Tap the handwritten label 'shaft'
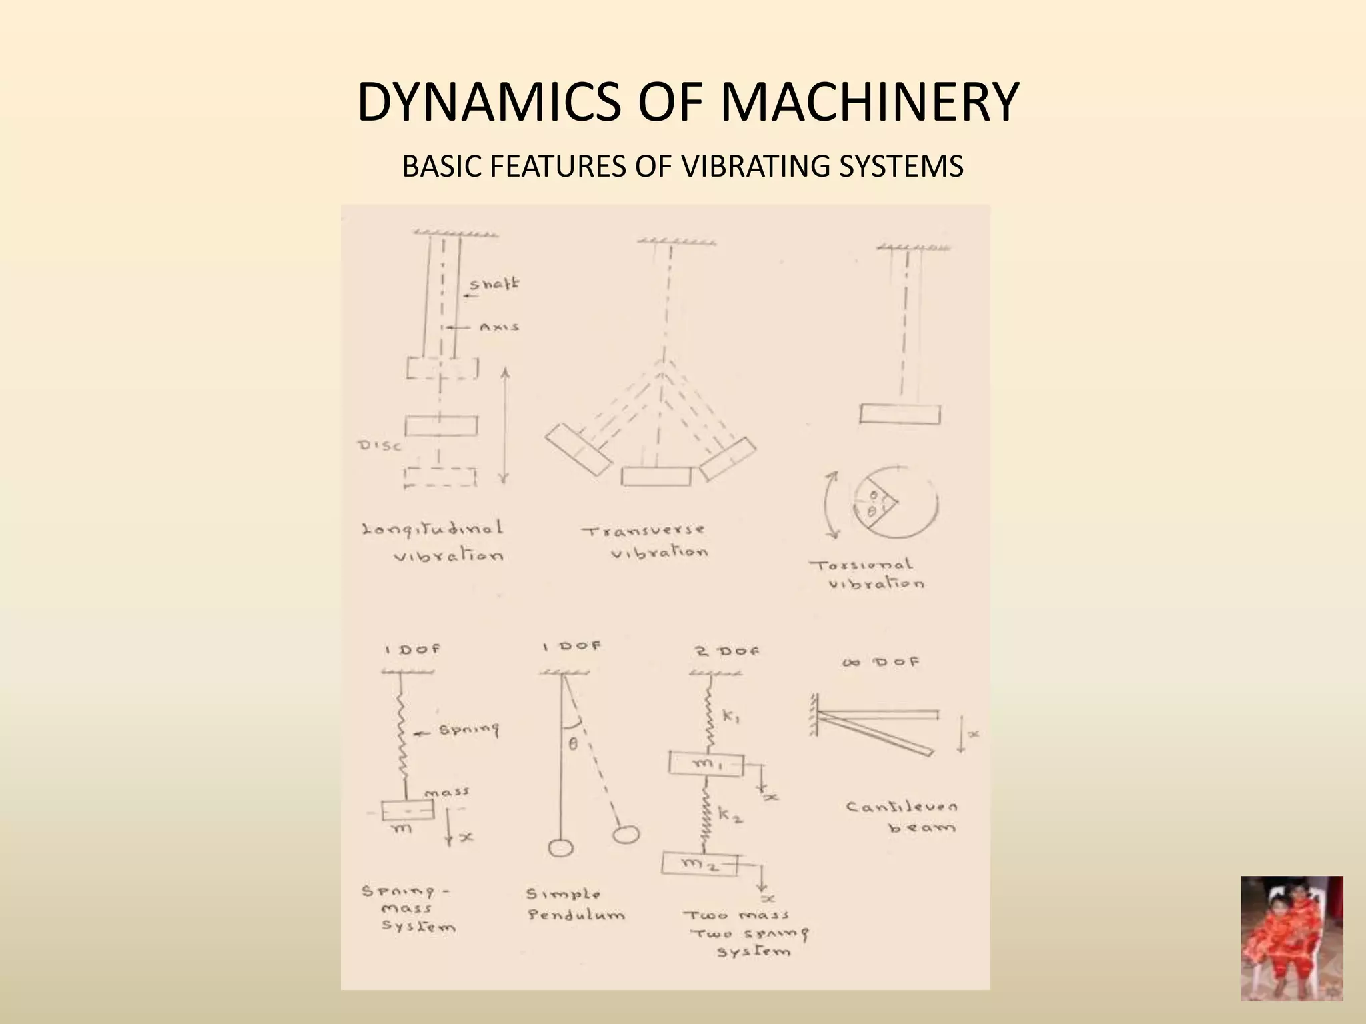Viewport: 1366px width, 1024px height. click(494, 285)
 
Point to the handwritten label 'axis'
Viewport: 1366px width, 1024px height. click(499, 327)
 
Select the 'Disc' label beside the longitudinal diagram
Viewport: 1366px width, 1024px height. click(380, 445)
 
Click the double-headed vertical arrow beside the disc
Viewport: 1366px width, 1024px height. click(504, 426)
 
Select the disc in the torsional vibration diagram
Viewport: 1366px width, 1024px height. click(900, 414)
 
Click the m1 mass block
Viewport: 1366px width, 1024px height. click(706, 764)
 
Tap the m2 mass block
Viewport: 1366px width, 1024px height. click(700, 865)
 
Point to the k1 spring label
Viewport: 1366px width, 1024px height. click(730, 718)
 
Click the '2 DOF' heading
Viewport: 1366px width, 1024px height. click(727, 651)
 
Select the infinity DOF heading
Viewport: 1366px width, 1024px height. click(880, 662)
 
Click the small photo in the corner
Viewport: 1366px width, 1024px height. click(1291, 938)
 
